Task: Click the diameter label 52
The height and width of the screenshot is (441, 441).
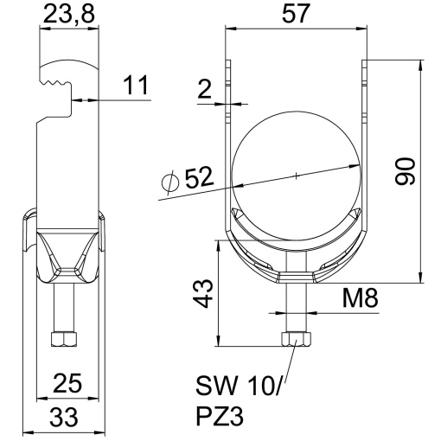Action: (197, 178)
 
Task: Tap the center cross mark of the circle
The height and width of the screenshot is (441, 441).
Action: (295, 176)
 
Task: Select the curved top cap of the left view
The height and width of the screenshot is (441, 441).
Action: (70, 70)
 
